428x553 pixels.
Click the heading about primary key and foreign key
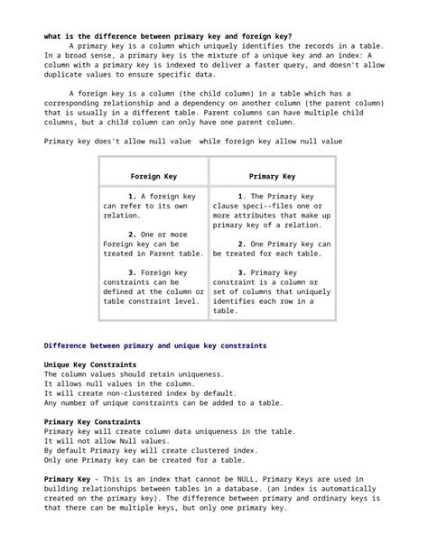167,36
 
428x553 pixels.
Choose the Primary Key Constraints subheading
92,421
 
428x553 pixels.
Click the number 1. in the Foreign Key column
132,196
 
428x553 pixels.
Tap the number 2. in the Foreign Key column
132,234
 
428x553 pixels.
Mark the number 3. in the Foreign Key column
132,272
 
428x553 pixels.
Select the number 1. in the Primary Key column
241,196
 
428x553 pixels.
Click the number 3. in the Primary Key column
241,272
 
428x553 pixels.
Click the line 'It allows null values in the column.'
119,383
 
